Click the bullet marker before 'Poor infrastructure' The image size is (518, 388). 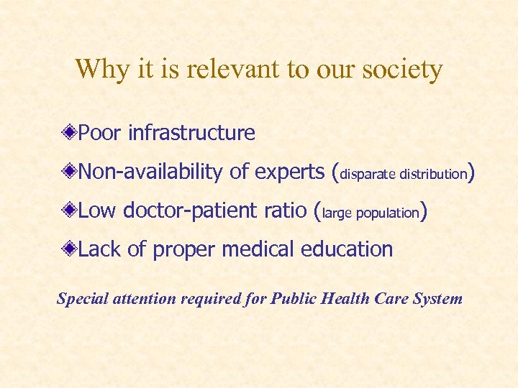(69, 133)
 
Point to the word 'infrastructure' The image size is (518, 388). (191, 133)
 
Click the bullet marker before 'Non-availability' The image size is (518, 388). (69, 172)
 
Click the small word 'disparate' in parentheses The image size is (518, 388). (368, 174)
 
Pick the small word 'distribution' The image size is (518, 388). (433, 174)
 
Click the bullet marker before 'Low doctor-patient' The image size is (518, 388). (69, 211)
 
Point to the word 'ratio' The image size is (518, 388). (288, 211)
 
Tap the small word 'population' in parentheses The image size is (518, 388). (387, 213)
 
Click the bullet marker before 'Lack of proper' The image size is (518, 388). (69, 249)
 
